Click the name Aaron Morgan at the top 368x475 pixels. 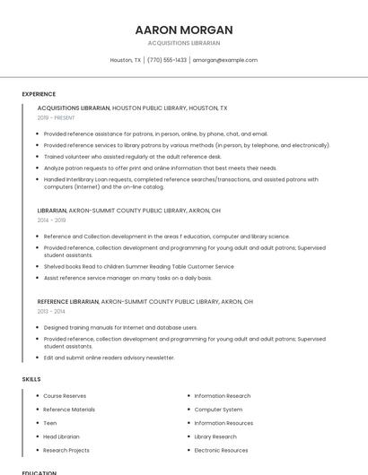coord(184,30)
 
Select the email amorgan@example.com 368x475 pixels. coord(225,60)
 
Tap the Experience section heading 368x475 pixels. coord(39,94)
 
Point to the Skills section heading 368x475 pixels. coord(31,379)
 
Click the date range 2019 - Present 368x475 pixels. coord(56,117)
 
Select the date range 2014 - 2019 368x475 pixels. coord(51,220)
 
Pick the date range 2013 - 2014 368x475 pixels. coord(51,312)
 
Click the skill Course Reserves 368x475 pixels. coord(65,396)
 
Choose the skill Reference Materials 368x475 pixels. coord(69,410)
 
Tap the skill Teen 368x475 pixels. coord(50,423)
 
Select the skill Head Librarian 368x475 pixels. coord(61,436)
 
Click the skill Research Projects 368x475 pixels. coord(66,450)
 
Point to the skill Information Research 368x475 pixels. coord(223,396)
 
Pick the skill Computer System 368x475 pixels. coord(218,410)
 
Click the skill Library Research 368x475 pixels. coord(215,436)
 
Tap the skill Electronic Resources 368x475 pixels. coord(221,450)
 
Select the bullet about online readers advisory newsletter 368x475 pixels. coord(109,358)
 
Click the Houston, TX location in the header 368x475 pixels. coord(126,60)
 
